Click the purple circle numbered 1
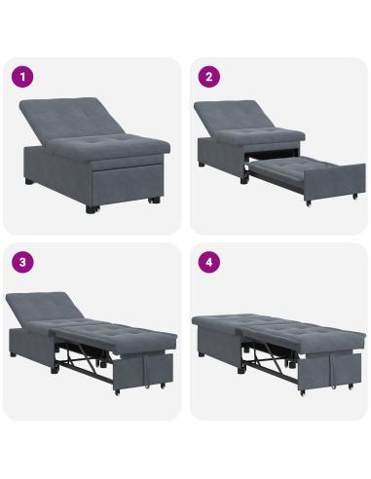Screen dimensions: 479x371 tap(21, 77)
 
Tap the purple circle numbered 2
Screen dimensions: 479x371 tap(207, 77)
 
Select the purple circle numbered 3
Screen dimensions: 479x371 tap(21, 262)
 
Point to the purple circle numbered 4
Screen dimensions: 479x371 tap(207, 262)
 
